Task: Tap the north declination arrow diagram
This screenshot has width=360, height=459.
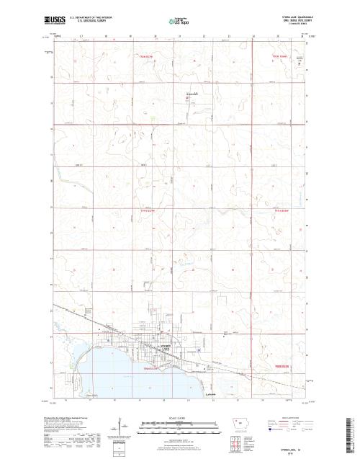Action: click(x=116, y=432)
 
